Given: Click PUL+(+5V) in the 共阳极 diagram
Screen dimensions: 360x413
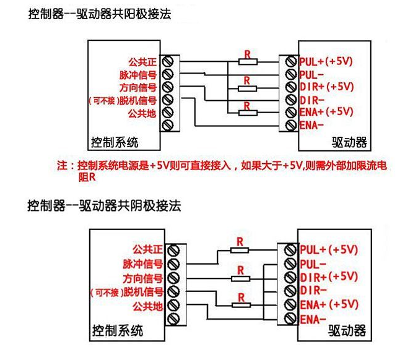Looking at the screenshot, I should (326, 61).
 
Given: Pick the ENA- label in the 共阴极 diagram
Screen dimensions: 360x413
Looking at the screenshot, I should (313, 319).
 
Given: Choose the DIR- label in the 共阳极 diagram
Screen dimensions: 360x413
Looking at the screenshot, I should (312, 99).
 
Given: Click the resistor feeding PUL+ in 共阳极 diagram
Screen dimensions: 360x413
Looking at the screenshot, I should (247, 61).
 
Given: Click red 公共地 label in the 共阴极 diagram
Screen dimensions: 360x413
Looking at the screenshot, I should (147, 306).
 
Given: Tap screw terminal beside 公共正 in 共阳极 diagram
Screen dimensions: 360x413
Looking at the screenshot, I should (166, 61).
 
